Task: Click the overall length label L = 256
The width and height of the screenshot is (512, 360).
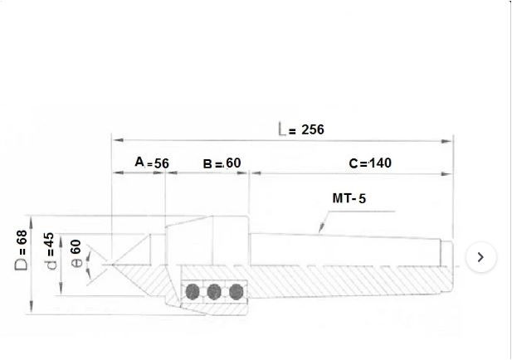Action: click(x=301, y=129)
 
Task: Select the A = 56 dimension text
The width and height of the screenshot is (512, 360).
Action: click(x=152, y=163)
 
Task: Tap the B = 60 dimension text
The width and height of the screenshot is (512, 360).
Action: click(x=222, y=163)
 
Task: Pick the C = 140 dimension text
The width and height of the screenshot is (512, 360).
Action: click(x=370, y=163)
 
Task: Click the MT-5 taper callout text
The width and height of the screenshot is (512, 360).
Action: click(x=349, y=198)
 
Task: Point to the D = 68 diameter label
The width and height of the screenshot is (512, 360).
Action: click(x=22, y=251)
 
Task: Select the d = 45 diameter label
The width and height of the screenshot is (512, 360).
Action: click(x=49, y=251)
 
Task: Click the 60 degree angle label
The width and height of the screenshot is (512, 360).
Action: click(x=76, y=254)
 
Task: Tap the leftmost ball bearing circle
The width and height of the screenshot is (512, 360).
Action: click(x=193, y=291)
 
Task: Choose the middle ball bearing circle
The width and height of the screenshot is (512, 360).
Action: click(x=214, y=291)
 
